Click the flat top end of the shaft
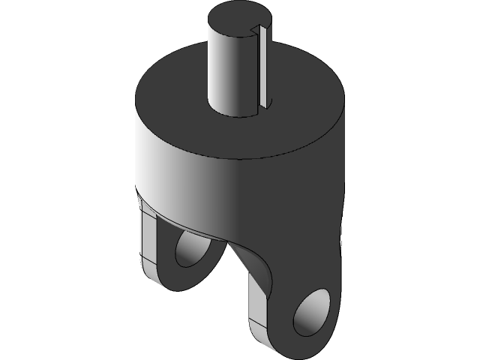[238, 16]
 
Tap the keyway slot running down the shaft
[262, 67]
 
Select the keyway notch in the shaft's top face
[255, 30]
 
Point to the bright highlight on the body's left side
[154, 157]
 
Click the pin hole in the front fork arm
[311, 311]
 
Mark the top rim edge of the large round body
[240, 158]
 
